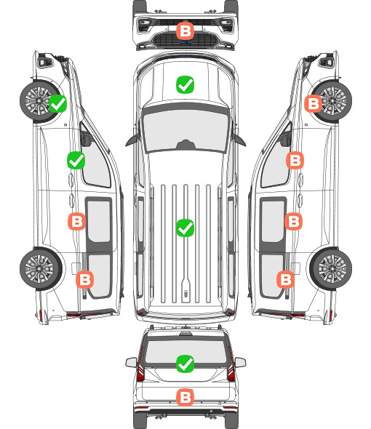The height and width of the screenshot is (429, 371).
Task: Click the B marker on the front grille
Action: click(185, 31)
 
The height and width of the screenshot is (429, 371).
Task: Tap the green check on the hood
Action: click(185, 84)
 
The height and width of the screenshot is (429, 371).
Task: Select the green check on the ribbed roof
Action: click(185, 228)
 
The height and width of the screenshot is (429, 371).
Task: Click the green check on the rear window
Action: click(185, 364)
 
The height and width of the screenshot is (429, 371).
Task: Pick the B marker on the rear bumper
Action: click(185, 397)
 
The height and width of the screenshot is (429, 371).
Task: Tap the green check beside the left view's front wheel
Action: click(57, 103)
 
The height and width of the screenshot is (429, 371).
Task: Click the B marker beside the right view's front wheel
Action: click(314, 103)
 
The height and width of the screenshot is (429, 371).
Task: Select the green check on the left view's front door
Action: click(76, 160)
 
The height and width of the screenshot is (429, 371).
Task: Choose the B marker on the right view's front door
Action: click(295, 160)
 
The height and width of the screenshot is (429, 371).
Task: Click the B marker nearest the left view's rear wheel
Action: click(84, 280)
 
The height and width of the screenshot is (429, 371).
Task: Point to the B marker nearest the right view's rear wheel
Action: click(286, 280)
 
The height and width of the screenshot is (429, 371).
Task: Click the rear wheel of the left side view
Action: click(41, 269)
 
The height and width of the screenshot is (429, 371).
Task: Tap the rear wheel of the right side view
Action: click(331, 269)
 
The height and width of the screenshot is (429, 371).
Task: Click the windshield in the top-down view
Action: click(185, 131)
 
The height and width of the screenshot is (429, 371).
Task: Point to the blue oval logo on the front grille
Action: click(185, 42)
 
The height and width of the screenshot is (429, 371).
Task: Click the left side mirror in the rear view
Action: click(131, 362)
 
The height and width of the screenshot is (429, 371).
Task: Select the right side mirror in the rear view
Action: click(240, 362)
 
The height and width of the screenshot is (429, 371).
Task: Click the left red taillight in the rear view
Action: click(140, 365)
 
